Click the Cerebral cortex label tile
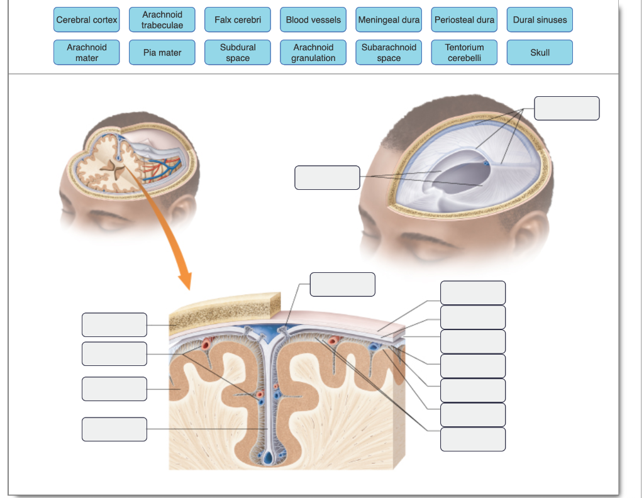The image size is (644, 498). (x=87, y=20)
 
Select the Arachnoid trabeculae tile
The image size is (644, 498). (x=162, y=20)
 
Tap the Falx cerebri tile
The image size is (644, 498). (x=238, y=20)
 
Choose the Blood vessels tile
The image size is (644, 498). (x=313, y=20)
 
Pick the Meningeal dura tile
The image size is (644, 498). (x=389, y=20)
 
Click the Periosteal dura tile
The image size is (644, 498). (x=464, y=20)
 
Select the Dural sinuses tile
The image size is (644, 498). (x=540, y=20)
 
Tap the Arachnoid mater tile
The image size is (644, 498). (x=87, y=53)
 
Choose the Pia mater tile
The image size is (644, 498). (x=162, y=53)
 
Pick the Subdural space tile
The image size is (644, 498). (x=238, y=53)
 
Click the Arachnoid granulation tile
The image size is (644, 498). (x=313, y=53)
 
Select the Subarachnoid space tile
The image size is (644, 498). (x=389, y=53)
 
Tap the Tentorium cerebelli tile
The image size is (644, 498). (x=464, y=53)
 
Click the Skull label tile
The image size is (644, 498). (x=540, y=53)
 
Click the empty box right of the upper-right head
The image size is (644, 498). (x=567, y=108)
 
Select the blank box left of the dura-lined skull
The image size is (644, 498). (x=327, y=177)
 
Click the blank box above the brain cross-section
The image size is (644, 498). (x=342, y=284)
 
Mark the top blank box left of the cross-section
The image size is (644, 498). (x=114, y=324)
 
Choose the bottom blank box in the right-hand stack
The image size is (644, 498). (x=473, y=439)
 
